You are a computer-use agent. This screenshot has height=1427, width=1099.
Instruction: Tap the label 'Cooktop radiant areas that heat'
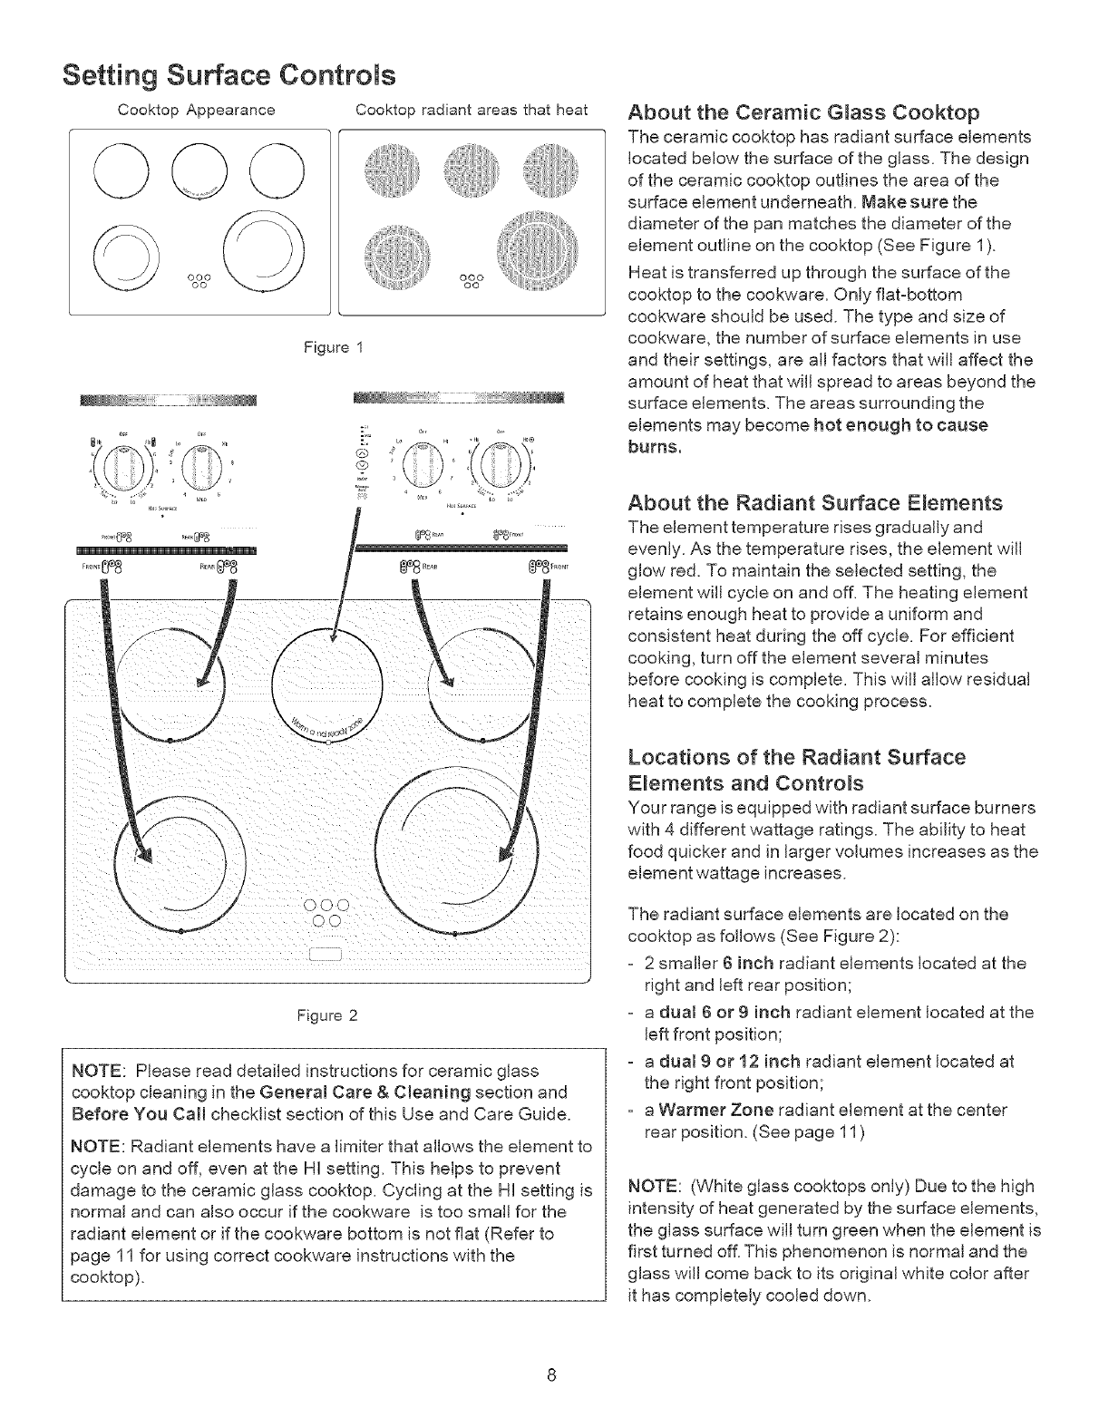[x=472, y=111]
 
